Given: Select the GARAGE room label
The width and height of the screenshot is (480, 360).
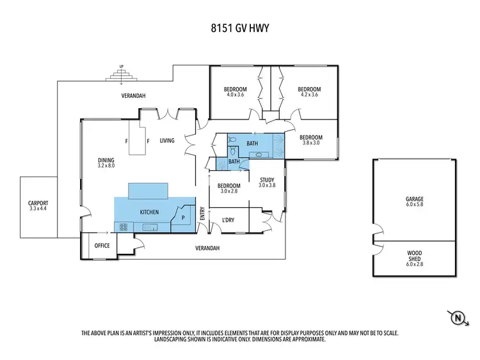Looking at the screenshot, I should [414, 199].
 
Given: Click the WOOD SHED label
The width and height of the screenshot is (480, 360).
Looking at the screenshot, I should [414, 253].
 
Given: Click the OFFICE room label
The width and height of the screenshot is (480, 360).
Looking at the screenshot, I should [102, 246].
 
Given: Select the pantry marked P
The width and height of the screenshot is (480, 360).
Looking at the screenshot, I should [184, 217].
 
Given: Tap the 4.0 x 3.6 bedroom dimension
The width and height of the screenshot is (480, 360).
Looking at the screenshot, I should [236, 95].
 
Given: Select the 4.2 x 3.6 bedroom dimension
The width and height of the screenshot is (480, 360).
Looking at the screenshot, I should [309, 95].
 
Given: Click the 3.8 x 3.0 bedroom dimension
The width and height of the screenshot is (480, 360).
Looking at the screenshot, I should [311, 143].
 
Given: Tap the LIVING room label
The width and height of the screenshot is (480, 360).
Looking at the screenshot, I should [168, 141].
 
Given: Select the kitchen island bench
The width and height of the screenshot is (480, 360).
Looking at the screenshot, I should [148, 191].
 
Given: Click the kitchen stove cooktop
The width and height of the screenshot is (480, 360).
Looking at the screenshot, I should [123, 226].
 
